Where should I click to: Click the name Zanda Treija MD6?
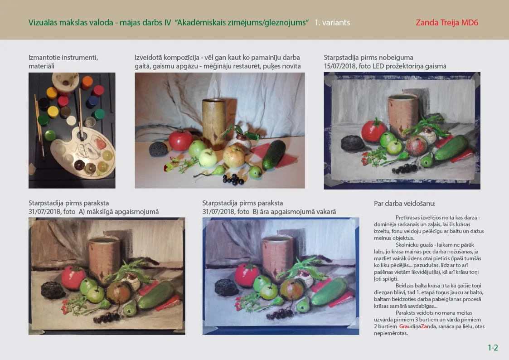(x=446, y=22)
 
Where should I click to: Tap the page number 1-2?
(x=493, y=348)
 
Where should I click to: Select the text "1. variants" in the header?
(x=332, y=22)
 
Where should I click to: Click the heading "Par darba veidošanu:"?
(x=404, y=204)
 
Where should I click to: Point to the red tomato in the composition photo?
(x=180, y=140)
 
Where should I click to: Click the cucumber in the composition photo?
(x=274, y=154)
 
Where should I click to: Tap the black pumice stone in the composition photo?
(x=159, y=149)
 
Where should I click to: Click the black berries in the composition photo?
(x=233, y=179)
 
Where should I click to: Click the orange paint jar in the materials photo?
(x=87, y=83)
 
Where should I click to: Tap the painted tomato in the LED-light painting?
(x=373, y=130)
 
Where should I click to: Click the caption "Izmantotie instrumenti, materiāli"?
(x=63, y=62)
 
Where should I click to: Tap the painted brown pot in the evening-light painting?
(x=277, y=257)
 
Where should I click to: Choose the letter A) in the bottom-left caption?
(x=82, y=212)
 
